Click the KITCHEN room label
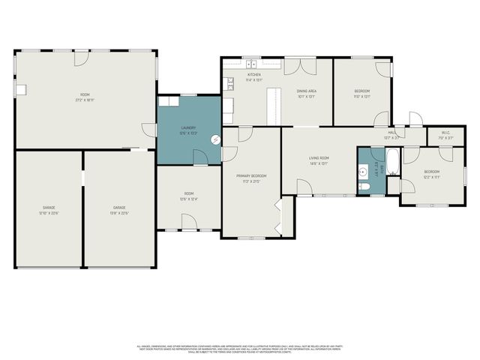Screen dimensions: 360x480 tap(254, 75)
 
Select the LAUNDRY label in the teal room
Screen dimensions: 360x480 tap(188, 127)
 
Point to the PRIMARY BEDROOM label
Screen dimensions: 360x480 tap(251, 175)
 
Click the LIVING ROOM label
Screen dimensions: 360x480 tap(319, 158)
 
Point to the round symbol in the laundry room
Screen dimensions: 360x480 tap(216, 139)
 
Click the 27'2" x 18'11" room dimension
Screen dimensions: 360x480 tap(85, 100)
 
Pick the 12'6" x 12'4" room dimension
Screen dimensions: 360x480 tap(188, 199)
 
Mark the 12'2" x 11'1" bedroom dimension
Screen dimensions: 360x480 tap(431, 178)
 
